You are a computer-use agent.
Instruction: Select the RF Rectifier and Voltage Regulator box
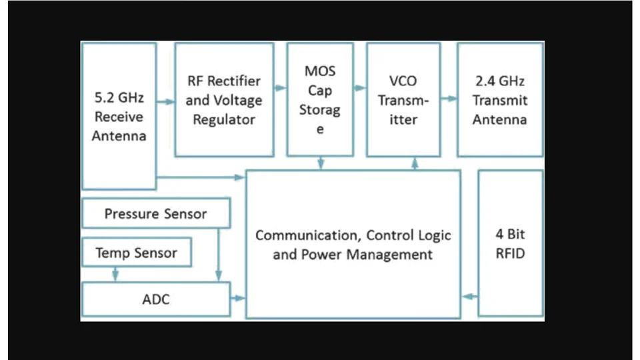pyautogui.click(x=224, y=100)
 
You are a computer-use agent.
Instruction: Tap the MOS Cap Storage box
pyautogui.click(x=320, y=100)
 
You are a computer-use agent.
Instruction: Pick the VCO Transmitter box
pyautogui.click(x=403, y=100)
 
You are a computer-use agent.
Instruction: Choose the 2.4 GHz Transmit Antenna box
pyautogui.click(x=500, y=100)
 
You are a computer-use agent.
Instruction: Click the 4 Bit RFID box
pyautogui.click(x=511, y=243)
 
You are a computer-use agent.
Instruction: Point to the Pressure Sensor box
pyautogui.click(x=155, y=214)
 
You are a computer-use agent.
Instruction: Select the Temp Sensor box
pyautogui.click(x=136, y=253)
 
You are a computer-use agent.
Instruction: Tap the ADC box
pyautogui.click(x=155, y=299)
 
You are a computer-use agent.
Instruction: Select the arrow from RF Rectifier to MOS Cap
pyautogui.click(x=280, y=87)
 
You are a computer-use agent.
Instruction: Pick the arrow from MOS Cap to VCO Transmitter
pyautogui.click(x=361, y=87)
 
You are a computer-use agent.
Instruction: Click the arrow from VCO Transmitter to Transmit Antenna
pyautogui.click(x=449, y=99)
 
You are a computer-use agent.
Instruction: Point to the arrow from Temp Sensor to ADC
pyautogui.click(x=115, y=273)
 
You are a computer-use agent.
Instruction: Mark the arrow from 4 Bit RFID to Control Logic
pyautogui.click(x=469, y=296)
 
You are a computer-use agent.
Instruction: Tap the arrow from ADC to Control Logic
pyautogui.click(x=238, y=297)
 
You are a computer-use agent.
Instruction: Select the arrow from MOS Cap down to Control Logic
pyautogui.click(x=321, y=163)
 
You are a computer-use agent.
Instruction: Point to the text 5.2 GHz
pyautogui.click(x=119, y=97)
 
